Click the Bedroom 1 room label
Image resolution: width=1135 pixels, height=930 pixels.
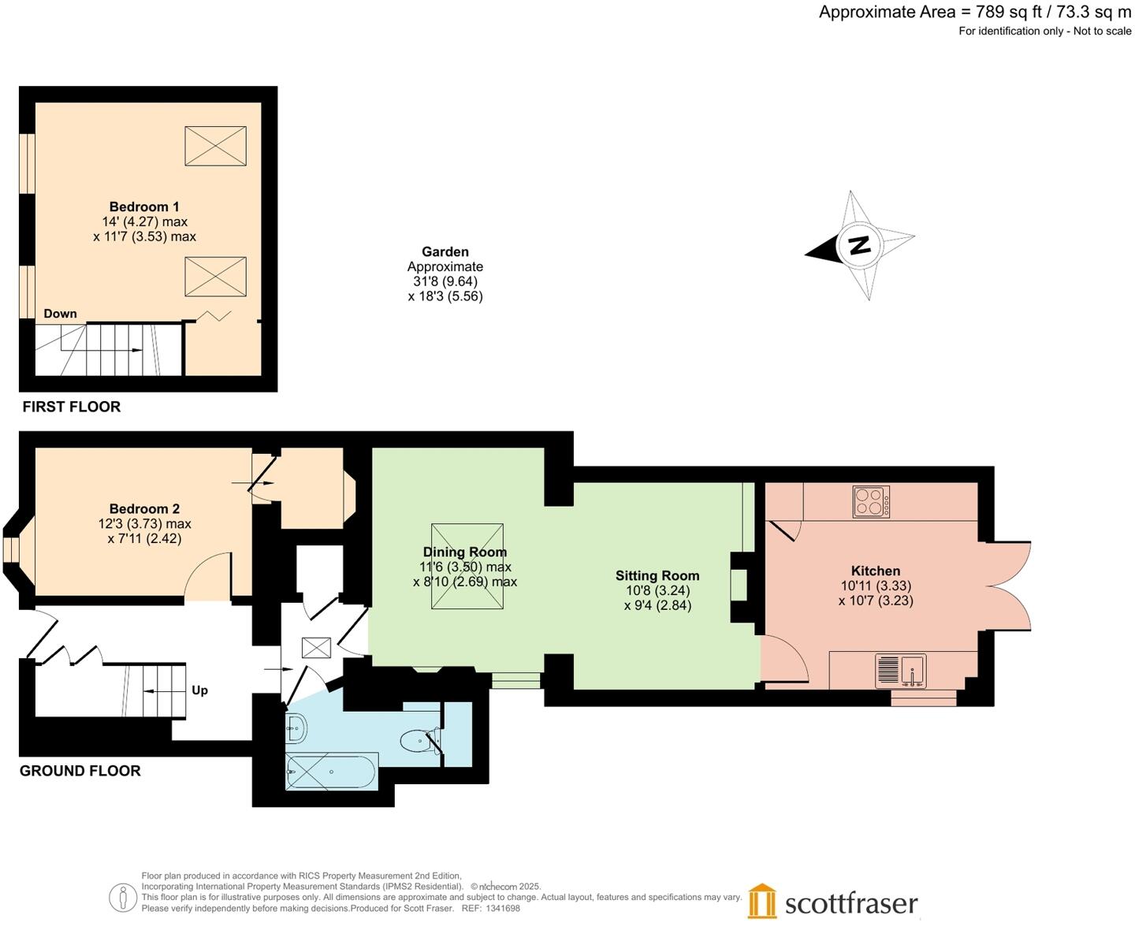point(144,207)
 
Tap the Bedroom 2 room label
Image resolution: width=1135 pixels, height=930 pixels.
point(144,509)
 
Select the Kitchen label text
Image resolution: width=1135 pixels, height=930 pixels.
point(875,571)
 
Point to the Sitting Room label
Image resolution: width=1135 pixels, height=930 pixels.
point(657,576)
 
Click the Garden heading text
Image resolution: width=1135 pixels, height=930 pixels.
point(445,252)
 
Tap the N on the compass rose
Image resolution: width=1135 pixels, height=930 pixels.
point(859,245)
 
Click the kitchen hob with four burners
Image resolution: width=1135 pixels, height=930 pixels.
point(871,502)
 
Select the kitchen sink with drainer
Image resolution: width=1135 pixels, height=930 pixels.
point(900,671)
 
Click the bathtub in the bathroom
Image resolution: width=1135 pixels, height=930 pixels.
point(332,771)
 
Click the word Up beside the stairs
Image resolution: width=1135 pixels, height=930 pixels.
point(200,690)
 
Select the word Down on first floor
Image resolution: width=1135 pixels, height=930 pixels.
point(61,314)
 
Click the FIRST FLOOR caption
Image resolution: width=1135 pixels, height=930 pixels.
point(72,407)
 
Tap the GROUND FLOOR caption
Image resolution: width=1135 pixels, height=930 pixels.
point(80,771)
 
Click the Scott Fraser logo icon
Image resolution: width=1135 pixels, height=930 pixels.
point(762,901)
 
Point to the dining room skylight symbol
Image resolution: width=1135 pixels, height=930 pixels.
point(467,566)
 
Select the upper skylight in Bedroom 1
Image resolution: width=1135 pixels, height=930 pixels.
point(215,146)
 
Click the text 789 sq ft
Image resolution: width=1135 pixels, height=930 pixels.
point(1005,12)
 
